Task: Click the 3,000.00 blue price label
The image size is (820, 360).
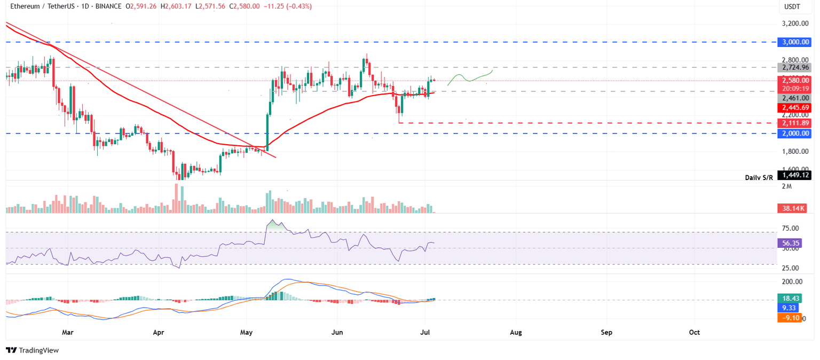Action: point(794,42)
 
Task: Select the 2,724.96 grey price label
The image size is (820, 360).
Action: point(794,68)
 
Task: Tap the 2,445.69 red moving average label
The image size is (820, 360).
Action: point(794,107)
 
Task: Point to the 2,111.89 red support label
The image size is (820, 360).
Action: point(794,123)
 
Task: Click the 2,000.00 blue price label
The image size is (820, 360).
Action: point(794,134)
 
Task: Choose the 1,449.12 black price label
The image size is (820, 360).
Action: point(794,175)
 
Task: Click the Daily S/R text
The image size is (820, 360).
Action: point(760,177)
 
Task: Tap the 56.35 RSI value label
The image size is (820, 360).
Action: point(790,242)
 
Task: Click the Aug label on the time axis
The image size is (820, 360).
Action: point(516,332)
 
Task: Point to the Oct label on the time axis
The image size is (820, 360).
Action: point(694,332)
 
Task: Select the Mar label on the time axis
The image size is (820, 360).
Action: point(67,332)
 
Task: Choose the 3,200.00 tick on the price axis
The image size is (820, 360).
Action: point(794,24)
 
